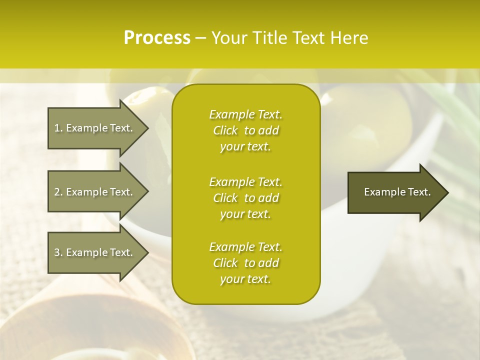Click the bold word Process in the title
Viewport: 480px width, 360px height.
tap(157, 38)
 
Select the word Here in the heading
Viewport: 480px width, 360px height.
tap(349, 38)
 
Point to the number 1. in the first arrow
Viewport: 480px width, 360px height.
tap(58, 128)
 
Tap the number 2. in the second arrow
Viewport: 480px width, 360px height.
tap(58, 192)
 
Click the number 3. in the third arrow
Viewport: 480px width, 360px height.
tap(58, 252)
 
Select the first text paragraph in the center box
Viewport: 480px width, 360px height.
tap(245, 130)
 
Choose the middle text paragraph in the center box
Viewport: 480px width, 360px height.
tap(245, 198)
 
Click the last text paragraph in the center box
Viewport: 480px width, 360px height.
tap(245, 263)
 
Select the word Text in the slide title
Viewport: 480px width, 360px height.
tap(309, 38)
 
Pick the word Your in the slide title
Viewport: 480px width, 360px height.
tap(228, 38)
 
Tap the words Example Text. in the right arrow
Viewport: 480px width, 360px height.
tap(397, 192)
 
